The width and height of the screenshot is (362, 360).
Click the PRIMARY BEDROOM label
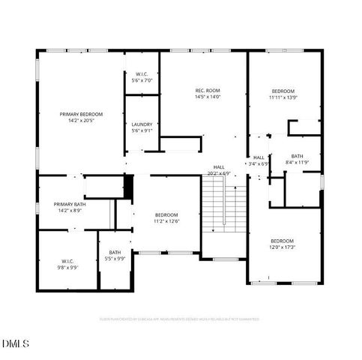pyautogui.click(x=81, y=113)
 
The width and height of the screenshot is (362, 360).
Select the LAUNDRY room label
pyautogui.click(x=142, y=124)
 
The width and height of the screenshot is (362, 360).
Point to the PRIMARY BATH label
pyautogui.click(x=70, y=204)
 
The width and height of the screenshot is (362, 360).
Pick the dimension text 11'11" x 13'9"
pyautogui.click(x=283, y=97)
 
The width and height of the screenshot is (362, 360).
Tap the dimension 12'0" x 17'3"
pyautogui.click(x=283, y=247)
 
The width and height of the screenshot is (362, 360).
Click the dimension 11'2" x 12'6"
pyautogui.click(x=166, y=220)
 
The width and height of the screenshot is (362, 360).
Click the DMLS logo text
pyautogui.click(x=16, y=343)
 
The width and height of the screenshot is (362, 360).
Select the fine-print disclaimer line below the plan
pyautogui.click(x=180, y=319)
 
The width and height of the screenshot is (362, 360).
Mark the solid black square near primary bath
pyautogui.click(x=128, y=187)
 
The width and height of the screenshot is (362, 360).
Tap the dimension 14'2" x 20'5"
pyautogui.click(x=81, y=119)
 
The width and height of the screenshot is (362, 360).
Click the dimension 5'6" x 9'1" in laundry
pyautogui.click(x=142, y=131)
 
